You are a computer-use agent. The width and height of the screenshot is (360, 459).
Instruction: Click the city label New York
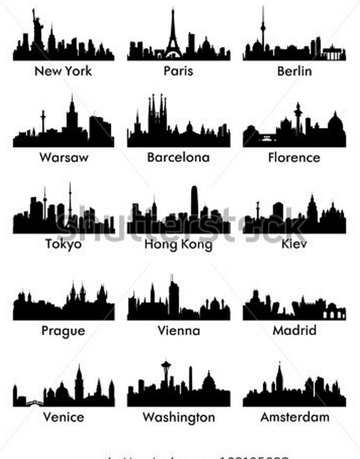click(63, 71)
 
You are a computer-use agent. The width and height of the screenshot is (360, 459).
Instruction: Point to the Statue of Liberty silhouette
click(37, 31)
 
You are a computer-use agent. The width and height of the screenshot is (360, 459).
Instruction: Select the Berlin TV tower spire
click(262, 28)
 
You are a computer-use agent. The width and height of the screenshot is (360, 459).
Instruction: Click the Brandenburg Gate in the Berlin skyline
click(334, 54)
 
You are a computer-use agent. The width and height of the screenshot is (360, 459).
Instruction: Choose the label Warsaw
click(64, 157)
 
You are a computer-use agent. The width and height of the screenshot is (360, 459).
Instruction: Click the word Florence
click(294, 157)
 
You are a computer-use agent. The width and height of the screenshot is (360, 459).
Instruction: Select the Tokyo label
click(63, 244)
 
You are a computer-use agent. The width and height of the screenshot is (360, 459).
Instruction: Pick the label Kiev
click(294, 244)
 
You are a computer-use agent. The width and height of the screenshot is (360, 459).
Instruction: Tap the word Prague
click(63, 330)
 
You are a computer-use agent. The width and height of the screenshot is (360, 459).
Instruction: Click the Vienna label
click(178, 330)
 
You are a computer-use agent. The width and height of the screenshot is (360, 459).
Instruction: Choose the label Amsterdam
click(294, 417)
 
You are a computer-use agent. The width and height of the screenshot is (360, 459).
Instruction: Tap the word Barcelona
click(178, 157)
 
